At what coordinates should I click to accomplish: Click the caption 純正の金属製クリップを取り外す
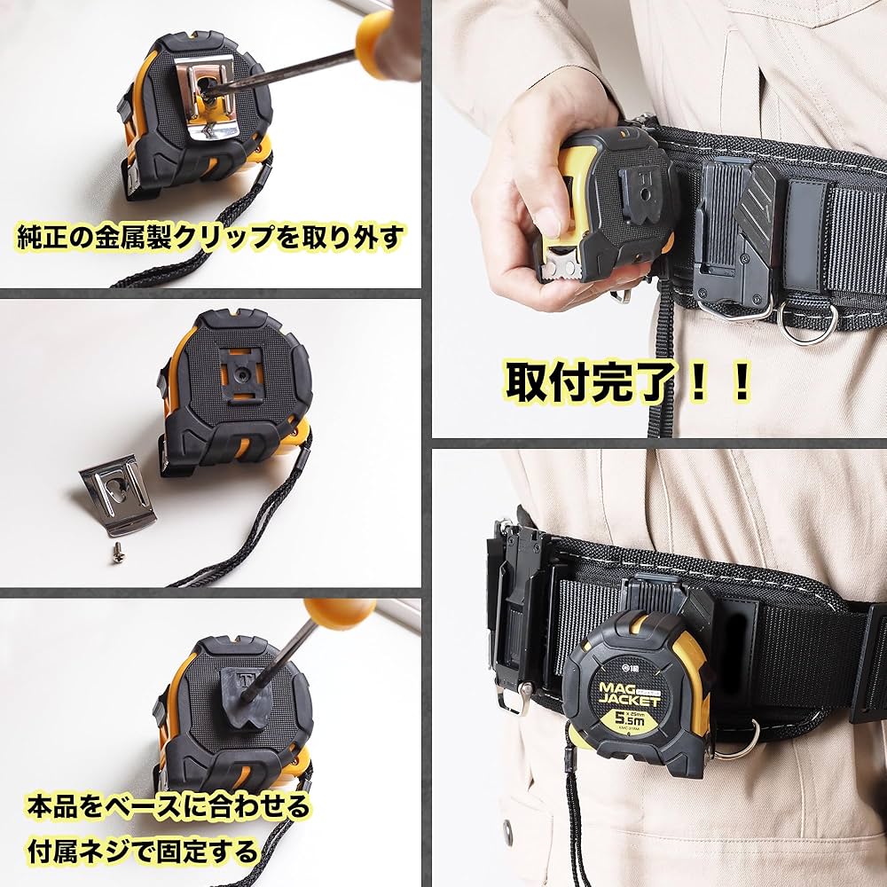coord(211,237)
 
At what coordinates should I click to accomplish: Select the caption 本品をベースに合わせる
coord(168,806)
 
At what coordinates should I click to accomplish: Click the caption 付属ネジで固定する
coord(141,852)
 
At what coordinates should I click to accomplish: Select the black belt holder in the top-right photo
coord(727,239)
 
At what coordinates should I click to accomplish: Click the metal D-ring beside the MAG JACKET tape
coord(735,741)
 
